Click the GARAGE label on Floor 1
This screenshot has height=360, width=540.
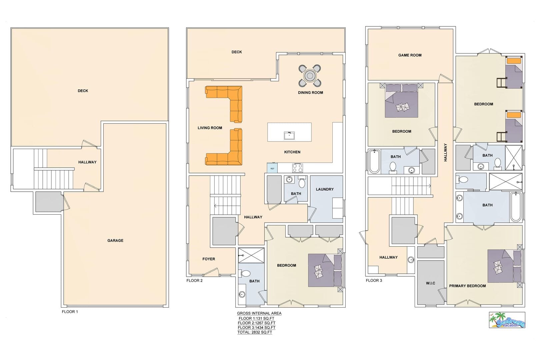[x=115, y=240]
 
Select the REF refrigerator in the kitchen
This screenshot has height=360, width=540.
[x=272, y=168]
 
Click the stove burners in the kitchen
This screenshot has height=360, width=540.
[x=297, y=168]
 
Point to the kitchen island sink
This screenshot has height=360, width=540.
[x=289, y=136]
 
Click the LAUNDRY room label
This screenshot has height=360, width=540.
[x=325, y=189]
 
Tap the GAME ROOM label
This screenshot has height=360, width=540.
[x=410, y=55]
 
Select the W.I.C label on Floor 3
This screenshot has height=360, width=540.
[x=431, y=283]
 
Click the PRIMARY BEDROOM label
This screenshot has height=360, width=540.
[x=467, y=286]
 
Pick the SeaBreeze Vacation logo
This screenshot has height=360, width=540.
[x=507, y=320]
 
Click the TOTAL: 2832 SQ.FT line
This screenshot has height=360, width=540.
[x=255, y=332]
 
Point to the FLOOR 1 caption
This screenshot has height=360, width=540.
[x=70, y=312]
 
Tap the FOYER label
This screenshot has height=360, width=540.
[x=209, y=259]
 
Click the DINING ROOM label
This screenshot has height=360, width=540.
[x=311, y=93]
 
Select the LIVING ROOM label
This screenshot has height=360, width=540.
[x=210, y=128]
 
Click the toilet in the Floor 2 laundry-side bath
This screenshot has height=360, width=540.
[x=302, y=182]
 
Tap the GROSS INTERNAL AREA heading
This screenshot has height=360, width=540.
[x=259, y=313]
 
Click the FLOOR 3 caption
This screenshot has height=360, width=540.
[x=374, y=280]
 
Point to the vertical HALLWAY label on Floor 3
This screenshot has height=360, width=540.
[x=445, y=152]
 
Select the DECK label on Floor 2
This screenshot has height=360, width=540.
[x=237, y=52]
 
